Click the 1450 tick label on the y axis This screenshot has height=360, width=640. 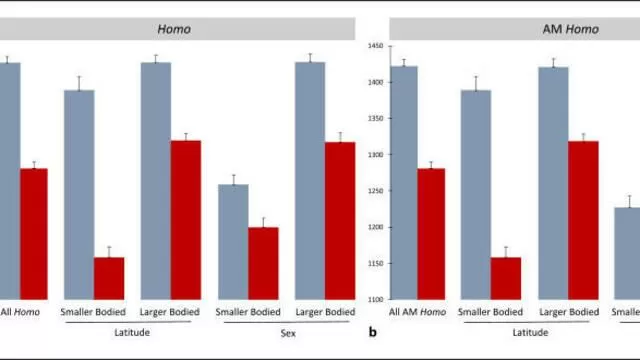point(376,46)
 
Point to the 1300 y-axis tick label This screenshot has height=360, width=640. point(376,155)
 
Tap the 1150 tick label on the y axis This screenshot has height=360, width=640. point(376,264)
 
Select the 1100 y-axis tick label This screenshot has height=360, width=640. point(376,300)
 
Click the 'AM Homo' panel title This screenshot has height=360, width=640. point(571,29)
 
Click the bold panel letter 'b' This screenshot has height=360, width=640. point(373,332)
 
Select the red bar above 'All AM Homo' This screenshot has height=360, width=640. point(431,234)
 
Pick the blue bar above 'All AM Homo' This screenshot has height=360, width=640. point(404,183)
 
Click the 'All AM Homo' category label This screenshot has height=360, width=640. point(417,312)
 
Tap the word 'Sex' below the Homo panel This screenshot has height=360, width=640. point(288,333)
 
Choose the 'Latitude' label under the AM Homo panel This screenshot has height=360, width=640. point(530,333)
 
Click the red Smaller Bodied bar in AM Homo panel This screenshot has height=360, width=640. point(506,278)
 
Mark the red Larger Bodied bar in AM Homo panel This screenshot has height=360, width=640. point(583,220)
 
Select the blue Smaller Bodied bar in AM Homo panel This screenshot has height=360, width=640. point(476,195)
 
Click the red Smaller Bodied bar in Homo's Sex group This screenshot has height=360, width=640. point(263,263)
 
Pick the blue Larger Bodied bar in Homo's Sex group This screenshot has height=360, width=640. point(310,181)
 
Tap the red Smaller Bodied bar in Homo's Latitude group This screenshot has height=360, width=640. point(109,278)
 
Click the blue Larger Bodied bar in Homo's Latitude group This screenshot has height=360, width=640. point(156,181)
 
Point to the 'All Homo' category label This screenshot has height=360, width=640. point(20,312)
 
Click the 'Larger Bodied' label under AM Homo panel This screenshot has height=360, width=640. point(569,312)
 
